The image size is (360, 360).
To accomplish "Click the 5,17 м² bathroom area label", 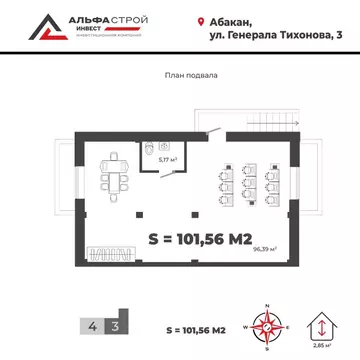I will pyautogui.click(x=168, y=158).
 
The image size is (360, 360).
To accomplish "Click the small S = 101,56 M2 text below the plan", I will pyautogui.click(x=196, y=327).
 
